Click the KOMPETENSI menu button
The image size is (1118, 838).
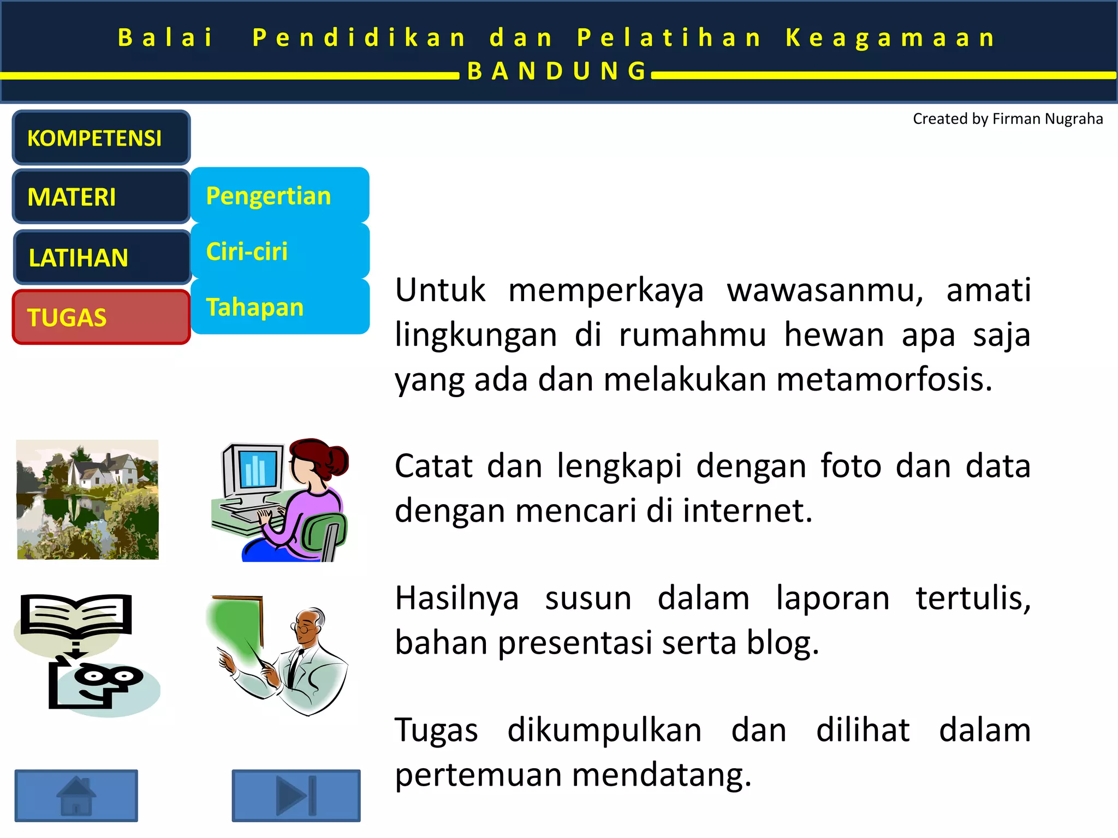click(x=101, y=137)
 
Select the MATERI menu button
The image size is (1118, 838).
click(x=101, y=196)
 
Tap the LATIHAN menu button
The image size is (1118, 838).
click(x=102, y=257)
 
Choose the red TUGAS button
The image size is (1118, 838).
click(x=101, y=317)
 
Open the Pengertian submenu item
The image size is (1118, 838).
click(x=279, y=195)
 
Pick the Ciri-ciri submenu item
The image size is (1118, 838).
click(x=279, y=251)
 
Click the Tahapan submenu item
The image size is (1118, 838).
click(x=279, y=307)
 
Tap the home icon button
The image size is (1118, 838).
click(x=76, y=795)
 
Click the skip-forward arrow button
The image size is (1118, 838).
click(x=296, y=795)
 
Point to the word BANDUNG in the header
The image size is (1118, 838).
click(x=557, y=71)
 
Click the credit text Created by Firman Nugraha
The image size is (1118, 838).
click(x=1007, y=119)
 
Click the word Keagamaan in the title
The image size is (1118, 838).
click(x=891, y=38)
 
